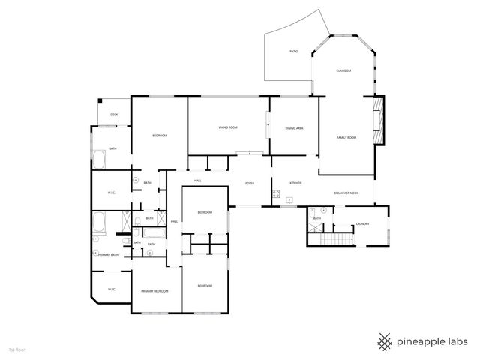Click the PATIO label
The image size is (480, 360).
[294, 52]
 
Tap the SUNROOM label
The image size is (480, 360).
[343, 70]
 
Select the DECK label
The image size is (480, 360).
[114, 115]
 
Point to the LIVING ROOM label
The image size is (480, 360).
[228, 128]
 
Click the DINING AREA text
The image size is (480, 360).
[294, 128]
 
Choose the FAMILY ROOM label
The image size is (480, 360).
[346, 137]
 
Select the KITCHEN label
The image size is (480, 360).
[295, 184]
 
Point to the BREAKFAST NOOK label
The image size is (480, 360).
[346, 193]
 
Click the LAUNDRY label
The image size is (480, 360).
[362, 223]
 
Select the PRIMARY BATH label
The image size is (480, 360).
[109, 255]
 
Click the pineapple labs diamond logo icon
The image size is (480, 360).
[385, 341]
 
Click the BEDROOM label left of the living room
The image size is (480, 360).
[159, 136]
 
